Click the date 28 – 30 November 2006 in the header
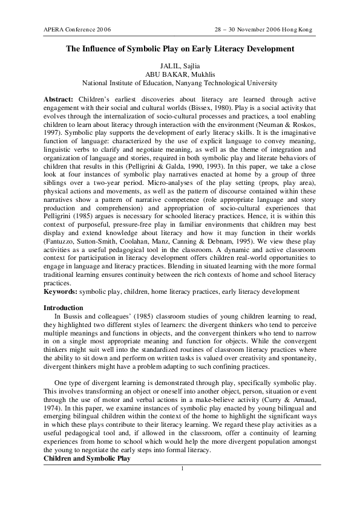point(249,29)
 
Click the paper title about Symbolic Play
point(180,48)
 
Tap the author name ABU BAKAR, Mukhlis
point(180,74)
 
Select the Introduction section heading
point(64,308)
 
